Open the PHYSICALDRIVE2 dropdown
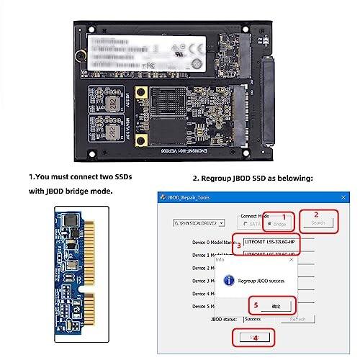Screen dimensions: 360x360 (x=196, y=223)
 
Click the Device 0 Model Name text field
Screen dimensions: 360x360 (x=269, y=243)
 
